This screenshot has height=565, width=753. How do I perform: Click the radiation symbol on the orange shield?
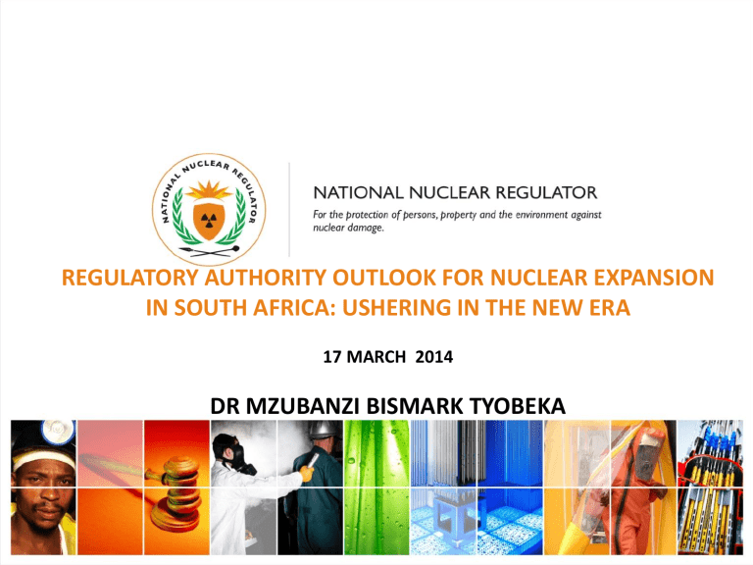(x=208, y=220)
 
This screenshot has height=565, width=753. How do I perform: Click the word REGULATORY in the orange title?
(x=130, y=278)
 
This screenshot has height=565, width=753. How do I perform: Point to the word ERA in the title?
(x=610, y=307)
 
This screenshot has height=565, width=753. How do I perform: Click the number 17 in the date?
(x=331, y=357)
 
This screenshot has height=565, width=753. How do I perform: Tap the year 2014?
(x=434, y=357)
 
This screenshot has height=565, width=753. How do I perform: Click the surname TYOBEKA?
(x=518, y=406)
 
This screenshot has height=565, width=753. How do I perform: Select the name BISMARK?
(x=415, y=406)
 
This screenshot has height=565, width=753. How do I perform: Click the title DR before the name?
(x=225, y=406)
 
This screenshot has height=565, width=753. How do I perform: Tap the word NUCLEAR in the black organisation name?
(x=449, y=192)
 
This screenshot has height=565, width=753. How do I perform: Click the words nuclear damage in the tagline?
(x=348, y=228)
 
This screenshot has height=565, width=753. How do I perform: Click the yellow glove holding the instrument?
(x=306, y=474)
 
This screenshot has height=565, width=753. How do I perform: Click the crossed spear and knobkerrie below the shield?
(x=209, y=251)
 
